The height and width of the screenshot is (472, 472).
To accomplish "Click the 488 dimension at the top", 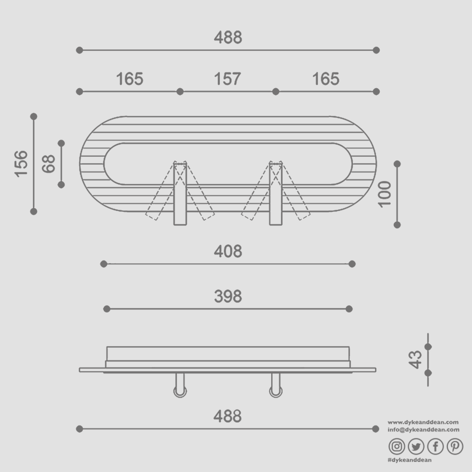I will click(228, 38).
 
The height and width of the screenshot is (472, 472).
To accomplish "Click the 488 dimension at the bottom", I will click(228, 416).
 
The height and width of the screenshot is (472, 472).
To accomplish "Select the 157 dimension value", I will click(228, 79).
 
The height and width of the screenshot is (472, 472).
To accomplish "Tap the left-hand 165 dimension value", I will click(130, 79).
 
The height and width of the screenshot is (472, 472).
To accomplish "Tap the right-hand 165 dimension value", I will click(326, 79).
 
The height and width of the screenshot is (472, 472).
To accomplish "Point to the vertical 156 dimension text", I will click(21, 163).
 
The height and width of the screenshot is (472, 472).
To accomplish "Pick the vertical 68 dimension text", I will click(49, 164).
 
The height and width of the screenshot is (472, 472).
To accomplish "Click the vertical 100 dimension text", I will click(384, 194).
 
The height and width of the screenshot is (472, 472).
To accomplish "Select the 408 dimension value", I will click(228, 252).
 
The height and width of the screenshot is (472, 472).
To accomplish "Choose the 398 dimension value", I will click(228, 297).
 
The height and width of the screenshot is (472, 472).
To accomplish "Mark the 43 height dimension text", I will click(415, 359).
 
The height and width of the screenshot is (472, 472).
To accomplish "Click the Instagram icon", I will click(397, 446).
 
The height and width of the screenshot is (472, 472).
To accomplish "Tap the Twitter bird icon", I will click(416, 446).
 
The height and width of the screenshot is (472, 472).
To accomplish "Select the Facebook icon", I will click(435, 446).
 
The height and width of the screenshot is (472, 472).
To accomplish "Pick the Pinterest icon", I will click(455, 446).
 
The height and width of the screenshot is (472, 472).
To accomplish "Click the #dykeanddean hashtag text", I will click(410, 460).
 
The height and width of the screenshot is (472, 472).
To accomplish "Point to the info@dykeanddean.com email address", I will click(423, 430).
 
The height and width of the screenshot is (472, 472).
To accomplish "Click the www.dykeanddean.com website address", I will click(423, 422).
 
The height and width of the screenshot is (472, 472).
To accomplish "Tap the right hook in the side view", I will click(275, 387).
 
